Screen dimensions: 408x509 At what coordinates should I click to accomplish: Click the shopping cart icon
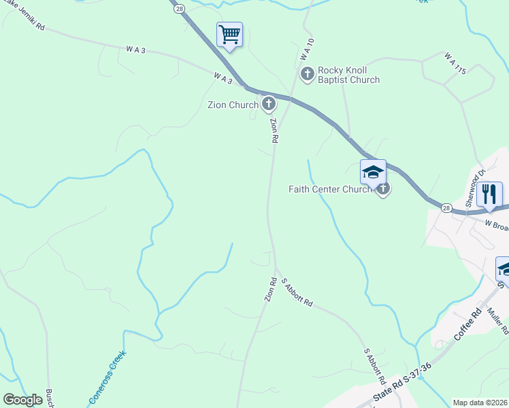[229, 34]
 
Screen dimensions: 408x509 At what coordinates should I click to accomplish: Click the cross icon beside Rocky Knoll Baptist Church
[307, 73]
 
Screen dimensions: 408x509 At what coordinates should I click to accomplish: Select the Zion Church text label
[233, 105]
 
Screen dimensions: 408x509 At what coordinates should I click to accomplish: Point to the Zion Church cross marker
[269, 104]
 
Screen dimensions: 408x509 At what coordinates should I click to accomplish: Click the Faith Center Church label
[330, 189]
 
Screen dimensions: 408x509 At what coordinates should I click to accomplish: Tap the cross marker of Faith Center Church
[383, 189]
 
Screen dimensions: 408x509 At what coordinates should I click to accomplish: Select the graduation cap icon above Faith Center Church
[373, 172]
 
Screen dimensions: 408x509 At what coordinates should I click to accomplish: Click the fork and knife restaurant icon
[489, 194]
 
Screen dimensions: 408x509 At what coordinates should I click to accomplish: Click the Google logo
[22, 400]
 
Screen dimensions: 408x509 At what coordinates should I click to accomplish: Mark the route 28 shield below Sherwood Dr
[446, 207]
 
